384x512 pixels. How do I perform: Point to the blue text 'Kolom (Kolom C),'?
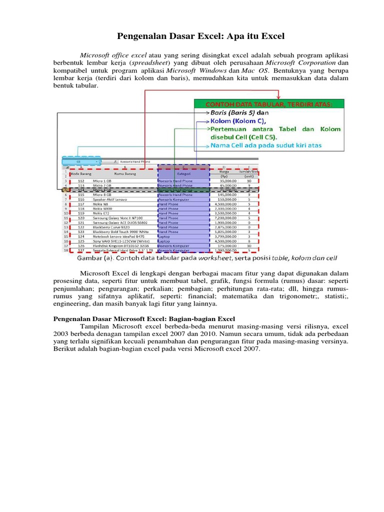238,120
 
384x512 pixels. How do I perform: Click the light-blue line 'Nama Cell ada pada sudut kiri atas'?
266,145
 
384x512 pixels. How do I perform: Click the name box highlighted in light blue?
80,162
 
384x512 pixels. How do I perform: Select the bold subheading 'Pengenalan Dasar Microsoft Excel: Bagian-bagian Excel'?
144,318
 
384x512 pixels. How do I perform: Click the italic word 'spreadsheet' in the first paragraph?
149,63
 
